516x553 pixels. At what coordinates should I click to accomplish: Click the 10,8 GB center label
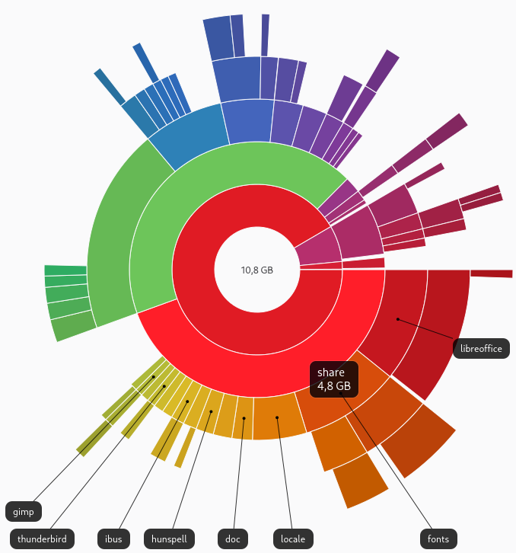pyautogui.click(x=257, y=270)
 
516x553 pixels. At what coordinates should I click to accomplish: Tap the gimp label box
pyautogui.click(x=23, y=511)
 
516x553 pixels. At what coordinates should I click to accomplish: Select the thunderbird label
pyautogui.click(x=42, y=539)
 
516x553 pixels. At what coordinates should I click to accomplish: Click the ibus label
pyautogui.click(x=114, y=539)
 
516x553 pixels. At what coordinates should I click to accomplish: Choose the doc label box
pyautogui.click(x=233, y=539)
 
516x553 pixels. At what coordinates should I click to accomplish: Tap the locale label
pyautogui.click(x=293, y=539)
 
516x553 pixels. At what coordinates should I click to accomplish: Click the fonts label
pyautogui.click(x=438, y=539)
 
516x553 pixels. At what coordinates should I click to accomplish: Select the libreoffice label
pyautogui.click(x=481, y=349)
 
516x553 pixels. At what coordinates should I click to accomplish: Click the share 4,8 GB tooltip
pyautogui.click(x=334, y=379)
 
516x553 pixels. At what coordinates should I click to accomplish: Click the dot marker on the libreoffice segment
pyautogui.click(x=397, y=320)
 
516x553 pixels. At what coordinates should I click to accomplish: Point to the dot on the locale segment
pyautogui.click(x=277, y=417)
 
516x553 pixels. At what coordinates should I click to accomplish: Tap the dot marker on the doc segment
pyautogui.click(x=244, y=417)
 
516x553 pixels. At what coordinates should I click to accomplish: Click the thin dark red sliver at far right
pyautogui.click(x=491, y=273)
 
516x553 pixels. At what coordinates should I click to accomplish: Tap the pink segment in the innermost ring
pyautogui.click(x=316, y=248)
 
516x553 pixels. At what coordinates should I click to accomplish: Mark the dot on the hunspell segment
pyautogui.click(x=212, y=411)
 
